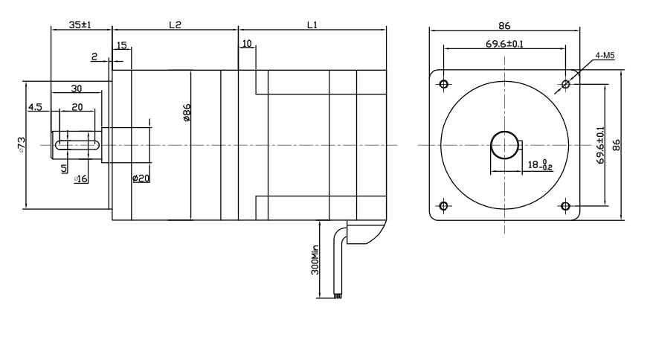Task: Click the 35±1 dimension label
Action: [80, 24]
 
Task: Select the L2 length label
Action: [175, 24]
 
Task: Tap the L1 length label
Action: [312, 24]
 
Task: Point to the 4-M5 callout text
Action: [605, 55]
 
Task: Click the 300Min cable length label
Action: [315, 260]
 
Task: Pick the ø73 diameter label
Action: [22, 144]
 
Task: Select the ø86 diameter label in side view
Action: [187, 113]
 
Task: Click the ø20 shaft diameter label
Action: [141, 178]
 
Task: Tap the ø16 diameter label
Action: [81, 179]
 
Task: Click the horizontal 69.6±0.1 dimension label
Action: [504, 44]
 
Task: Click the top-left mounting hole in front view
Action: [444, 83]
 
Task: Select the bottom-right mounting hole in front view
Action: [565, 205]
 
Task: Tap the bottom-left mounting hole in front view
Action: [444, 205]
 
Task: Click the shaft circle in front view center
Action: [504, 144]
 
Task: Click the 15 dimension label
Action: [120, 45]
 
